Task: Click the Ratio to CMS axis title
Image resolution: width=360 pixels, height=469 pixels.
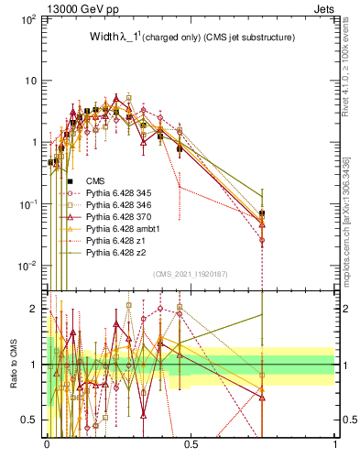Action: [x=13, y=365]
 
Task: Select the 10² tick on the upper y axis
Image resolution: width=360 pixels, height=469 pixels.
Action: [x=28, y=19]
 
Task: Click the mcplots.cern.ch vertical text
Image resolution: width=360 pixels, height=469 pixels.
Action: [x=353, y=220]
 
